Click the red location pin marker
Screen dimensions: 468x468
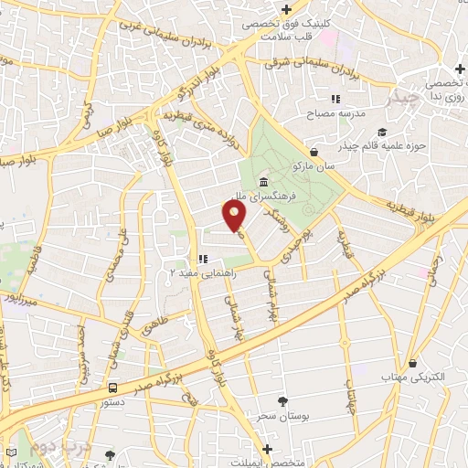click(234, 216)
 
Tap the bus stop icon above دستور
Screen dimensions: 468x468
click(112, 388)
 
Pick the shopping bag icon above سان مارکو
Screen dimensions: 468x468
click(314, 152)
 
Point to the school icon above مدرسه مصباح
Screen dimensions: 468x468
click(335, 99)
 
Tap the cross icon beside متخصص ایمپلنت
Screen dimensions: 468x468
click(267, 449)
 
